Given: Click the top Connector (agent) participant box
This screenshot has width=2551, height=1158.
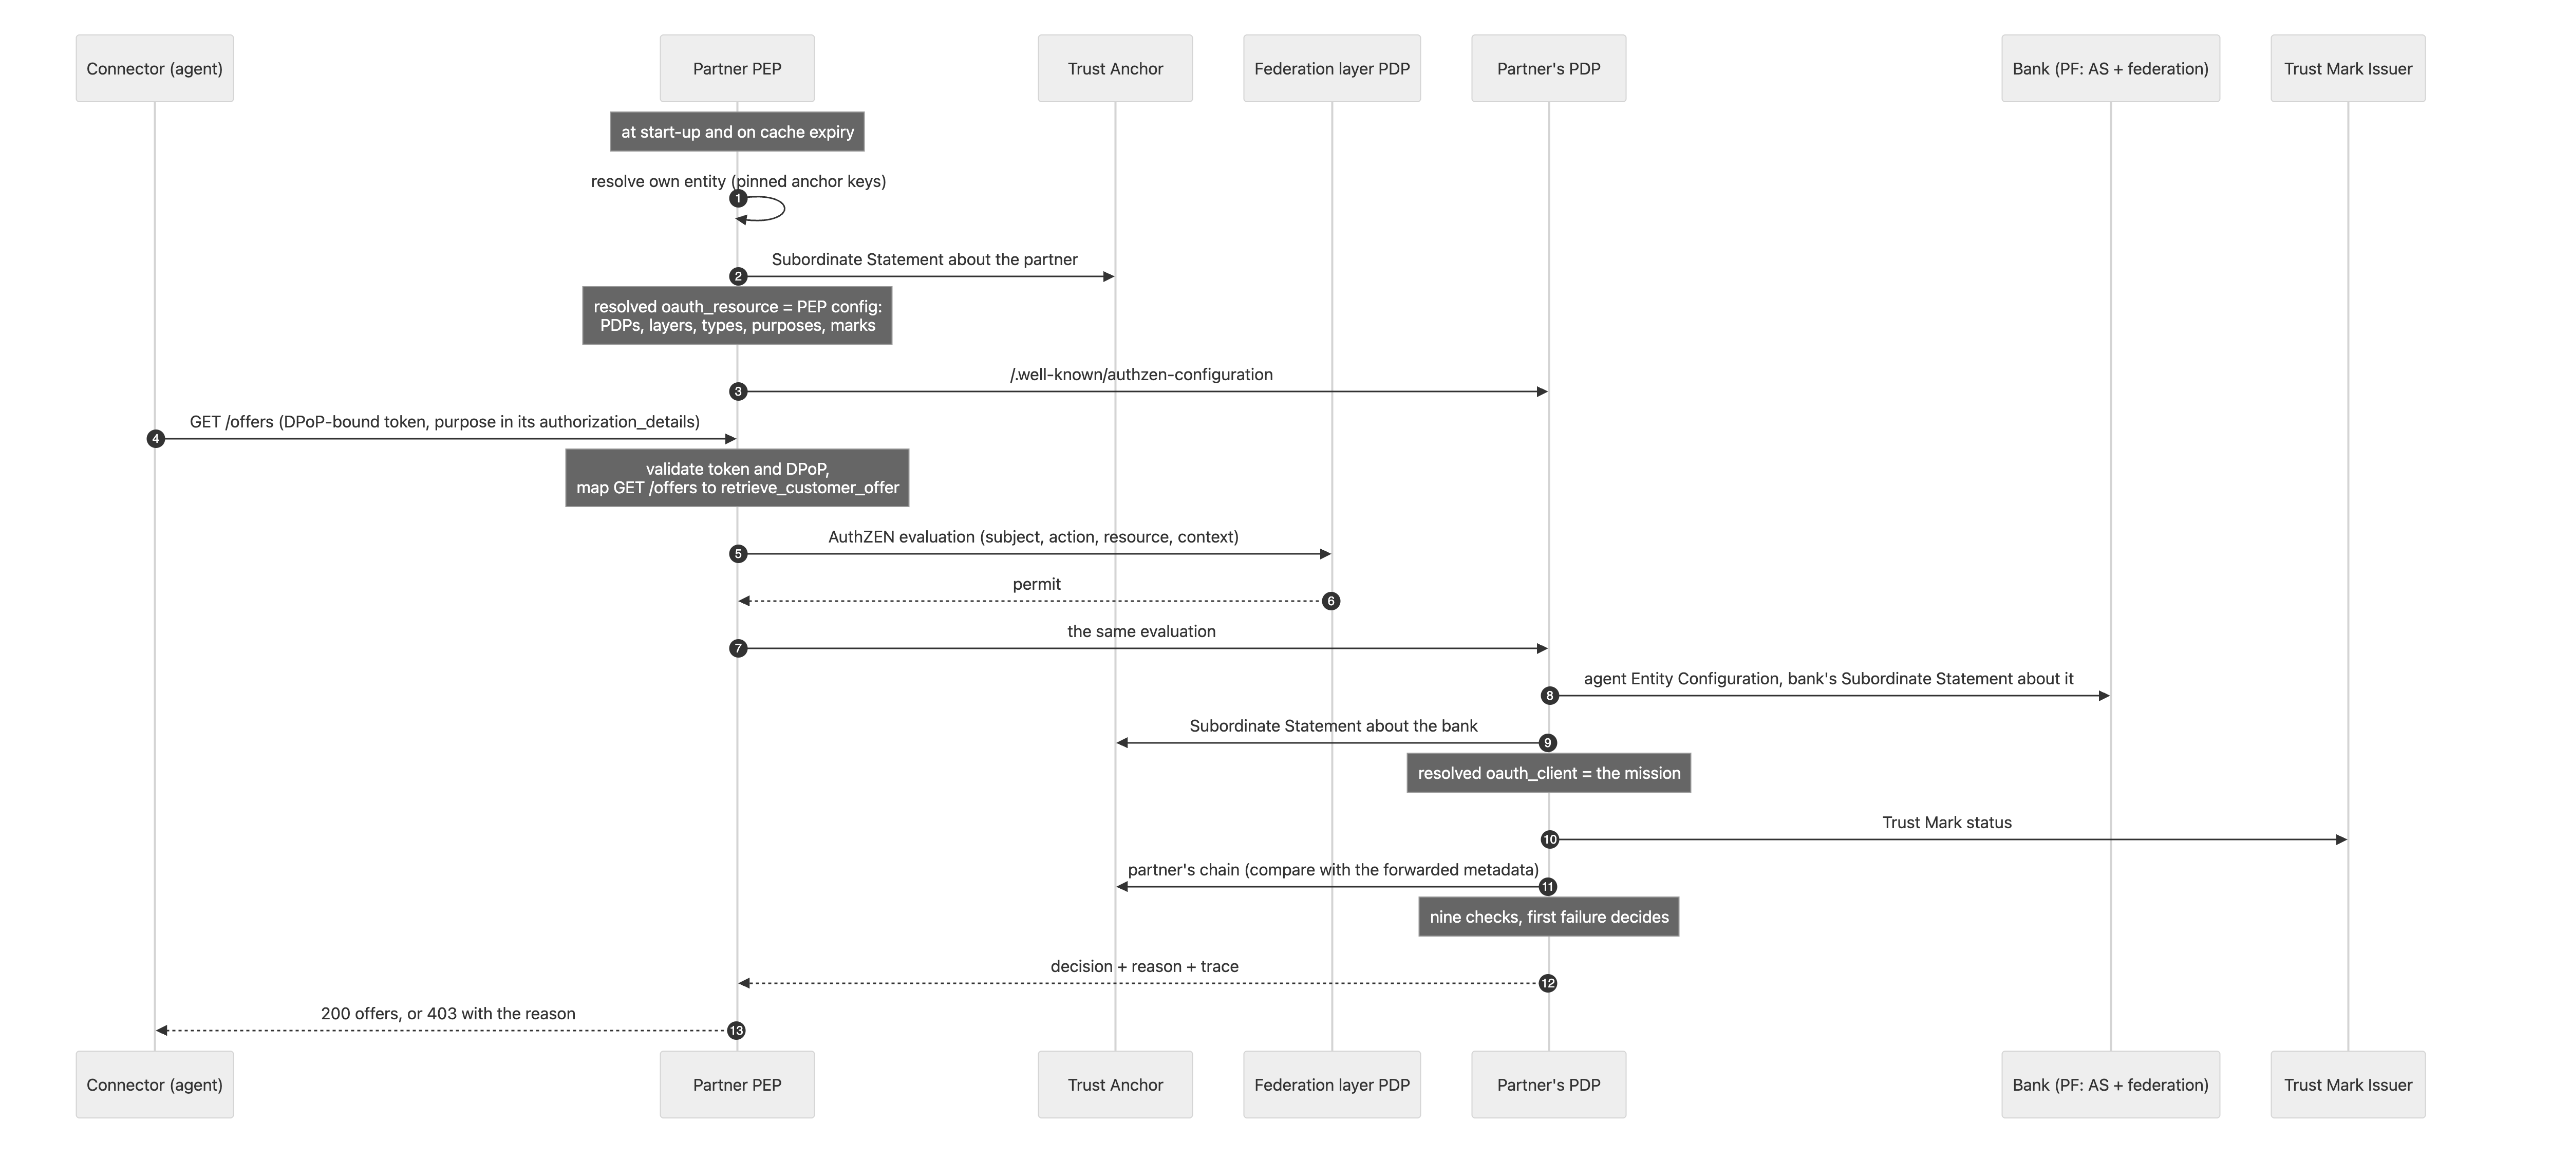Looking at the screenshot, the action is coord(155,68).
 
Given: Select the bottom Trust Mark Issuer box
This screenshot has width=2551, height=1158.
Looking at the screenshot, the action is coord(2348,1085).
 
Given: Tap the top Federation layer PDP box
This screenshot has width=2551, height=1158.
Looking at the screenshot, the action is coord(1332,68).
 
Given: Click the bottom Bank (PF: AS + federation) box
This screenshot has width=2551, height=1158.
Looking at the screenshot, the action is coord(2110,1085).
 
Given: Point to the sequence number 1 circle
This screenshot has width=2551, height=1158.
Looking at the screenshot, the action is coord(738,198).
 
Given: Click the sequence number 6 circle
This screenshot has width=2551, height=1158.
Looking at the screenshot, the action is coord(1331,601).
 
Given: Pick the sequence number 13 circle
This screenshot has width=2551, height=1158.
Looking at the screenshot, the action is coord(736,1030).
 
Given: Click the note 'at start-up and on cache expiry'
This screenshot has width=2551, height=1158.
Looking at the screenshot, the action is coord(737,132).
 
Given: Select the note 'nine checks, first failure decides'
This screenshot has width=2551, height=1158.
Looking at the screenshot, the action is coord(1549,917).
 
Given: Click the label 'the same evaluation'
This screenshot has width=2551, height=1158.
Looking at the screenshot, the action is coord(1142,631).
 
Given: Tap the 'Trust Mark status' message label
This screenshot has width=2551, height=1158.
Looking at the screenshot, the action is coord(1947,822).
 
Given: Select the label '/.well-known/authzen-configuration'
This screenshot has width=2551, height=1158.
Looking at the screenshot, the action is coord(1142,375).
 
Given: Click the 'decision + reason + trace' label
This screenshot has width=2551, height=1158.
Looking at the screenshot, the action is coord(1145,966).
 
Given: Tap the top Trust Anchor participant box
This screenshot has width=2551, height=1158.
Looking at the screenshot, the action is coord(1115,68).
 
